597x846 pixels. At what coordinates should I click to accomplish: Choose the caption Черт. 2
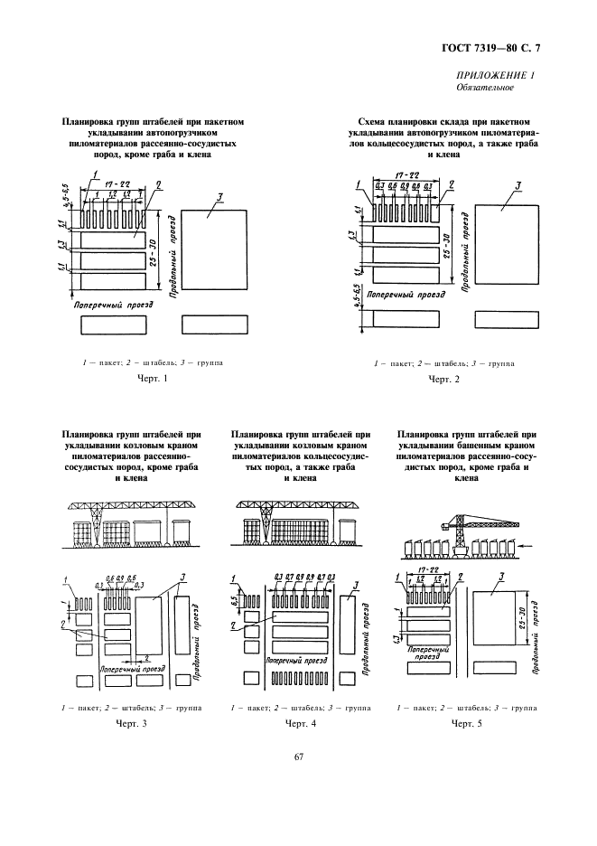(x=443, y=379)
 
